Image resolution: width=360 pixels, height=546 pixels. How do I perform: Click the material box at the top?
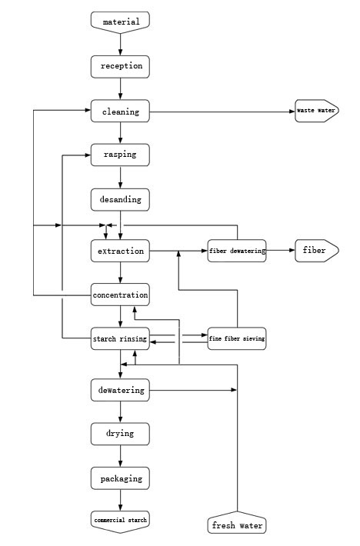coord(120,22)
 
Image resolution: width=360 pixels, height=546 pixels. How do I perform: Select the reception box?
coord(120,66)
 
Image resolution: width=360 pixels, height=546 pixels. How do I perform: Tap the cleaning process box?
coord(120,111)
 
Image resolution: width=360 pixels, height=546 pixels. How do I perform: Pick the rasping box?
coord(120,155)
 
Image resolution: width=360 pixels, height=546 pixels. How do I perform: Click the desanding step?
coord(120,199)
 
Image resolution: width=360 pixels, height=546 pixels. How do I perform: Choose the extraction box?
coord(120,251)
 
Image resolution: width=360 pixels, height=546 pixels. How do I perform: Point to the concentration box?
coord(120,295)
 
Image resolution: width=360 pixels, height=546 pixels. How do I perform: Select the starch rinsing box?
coord(120,338)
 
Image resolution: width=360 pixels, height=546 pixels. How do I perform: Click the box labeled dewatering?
coord(120,390)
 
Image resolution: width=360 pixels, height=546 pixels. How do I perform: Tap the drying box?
coord(120,434)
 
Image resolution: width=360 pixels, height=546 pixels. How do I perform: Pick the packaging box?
coord(120,478)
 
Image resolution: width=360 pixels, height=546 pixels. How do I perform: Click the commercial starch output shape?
coord(120,522)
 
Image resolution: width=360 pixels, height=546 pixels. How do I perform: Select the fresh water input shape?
coord(237,522)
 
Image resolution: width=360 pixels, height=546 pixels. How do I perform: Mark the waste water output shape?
coord(317,111)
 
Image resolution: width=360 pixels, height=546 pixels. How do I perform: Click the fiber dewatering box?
coord(237,251)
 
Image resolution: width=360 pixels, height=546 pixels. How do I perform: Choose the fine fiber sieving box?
coord(237,338)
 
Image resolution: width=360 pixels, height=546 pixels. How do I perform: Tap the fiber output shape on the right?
coord(317,251)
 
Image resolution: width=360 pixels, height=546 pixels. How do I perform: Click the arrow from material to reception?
coord(121,45)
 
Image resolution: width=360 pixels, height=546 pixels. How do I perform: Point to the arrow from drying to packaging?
coord(121,456)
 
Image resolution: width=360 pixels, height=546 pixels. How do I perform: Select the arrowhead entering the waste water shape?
coord(292,112)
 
